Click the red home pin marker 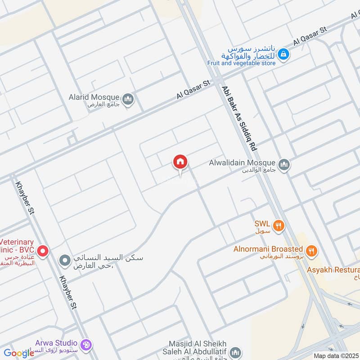[180, 162]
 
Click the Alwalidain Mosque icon [284, 165]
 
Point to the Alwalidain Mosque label [242, 163]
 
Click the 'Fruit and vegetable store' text [241, 63]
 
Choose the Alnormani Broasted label [268, 249]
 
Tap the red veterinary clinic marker [43, 251]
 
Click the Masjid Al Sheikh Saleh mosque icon [235, 352]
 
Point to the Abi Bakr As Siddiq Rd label [239, 118]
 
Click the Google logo [19, 353]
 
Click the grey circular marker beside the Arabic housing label [65, 260]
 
